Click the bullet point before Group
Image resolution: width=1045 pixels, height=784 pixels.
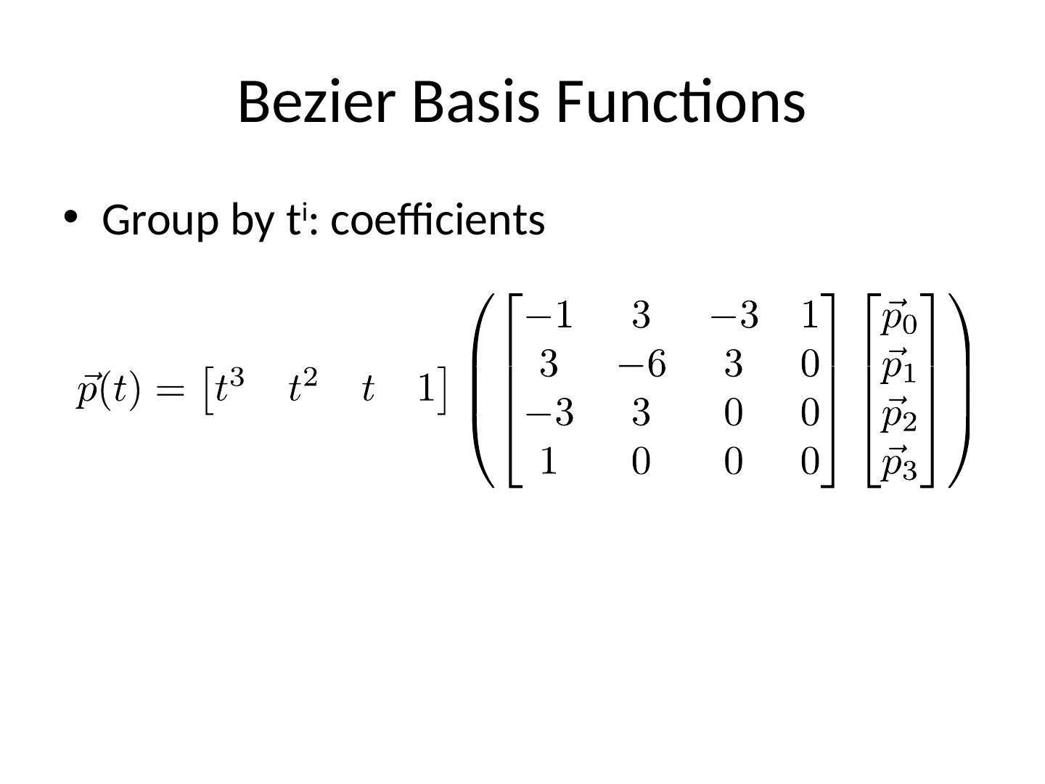70,216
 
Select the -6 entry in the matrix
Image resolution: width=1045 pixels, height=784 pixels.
642,364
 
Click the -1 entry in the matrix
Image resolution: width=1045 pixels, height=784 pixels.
549,316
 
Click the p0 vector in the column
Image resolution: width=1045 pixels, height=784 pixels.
898,318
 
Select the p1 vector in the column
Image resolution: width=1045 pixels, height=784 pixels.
898,366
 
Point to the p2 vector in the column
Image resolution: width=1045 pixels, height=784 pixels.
898,414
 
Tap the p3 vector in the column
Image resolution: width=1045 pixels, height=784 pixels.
898,462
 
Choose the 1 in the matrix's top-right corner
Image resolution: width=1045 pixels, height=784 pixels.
809,316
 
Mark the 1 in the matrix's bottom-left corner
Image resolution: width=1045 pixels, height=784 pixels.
549,462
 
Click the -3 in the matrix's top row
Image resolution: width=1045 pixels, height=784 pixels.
734,316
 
